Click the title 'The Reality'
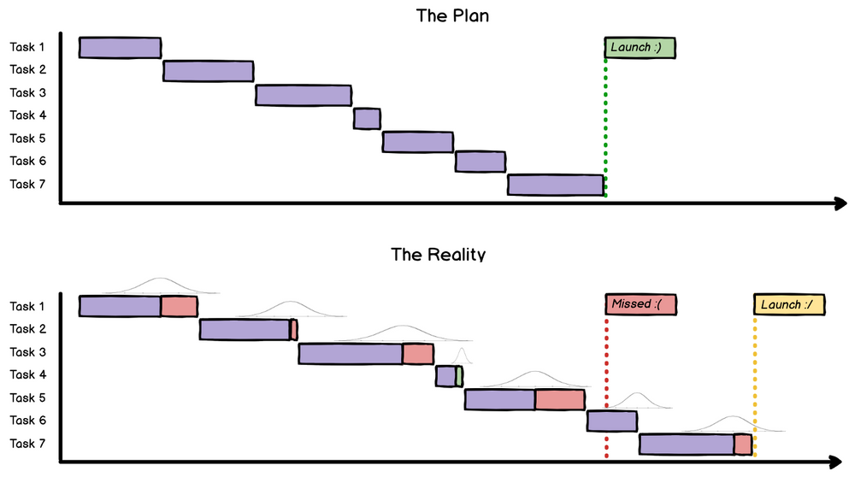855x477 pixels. pyautogui.click(x=438, y=254)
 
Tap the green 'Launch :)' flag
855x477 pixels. pyautogui.click(x=640, y=48)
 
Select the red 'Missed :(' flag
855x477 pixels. pyautogui.click(x=640, y=305)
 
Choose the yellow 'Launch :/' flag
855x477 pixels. pyautogui.click(x=789, y=305)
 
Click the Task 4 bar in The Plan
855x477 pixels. pyautogui.click(x=367, y=118)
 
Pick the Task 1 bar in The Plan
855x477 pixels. pyautogui.click(x=120, y=48)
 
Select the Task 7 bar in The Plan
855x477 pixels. pyautogui.click(x=556, y=185)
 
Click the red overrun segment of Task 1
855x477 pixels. pyautogui.click(x=179, y=306)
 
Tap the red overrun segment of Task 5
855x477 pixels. pyautogui.click(x=560, y=399)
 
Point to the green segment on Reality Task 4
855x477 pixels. pyautogui.click(x=459, y=376)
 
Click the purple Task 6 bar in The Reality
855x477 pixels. pyautogui.click(x=611, y=421)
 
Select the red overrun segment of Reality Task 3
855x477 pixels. pyautogui.click(x=418, y=353)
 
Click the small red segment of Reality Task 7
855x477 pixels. pyautogui.click(x=742, y=445)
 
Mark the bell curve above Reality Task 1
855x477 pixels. pyautogui.click(x=158, y=285)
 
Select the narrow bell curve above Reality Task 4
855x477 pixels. pyautogui.click(x=462, y=355)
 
